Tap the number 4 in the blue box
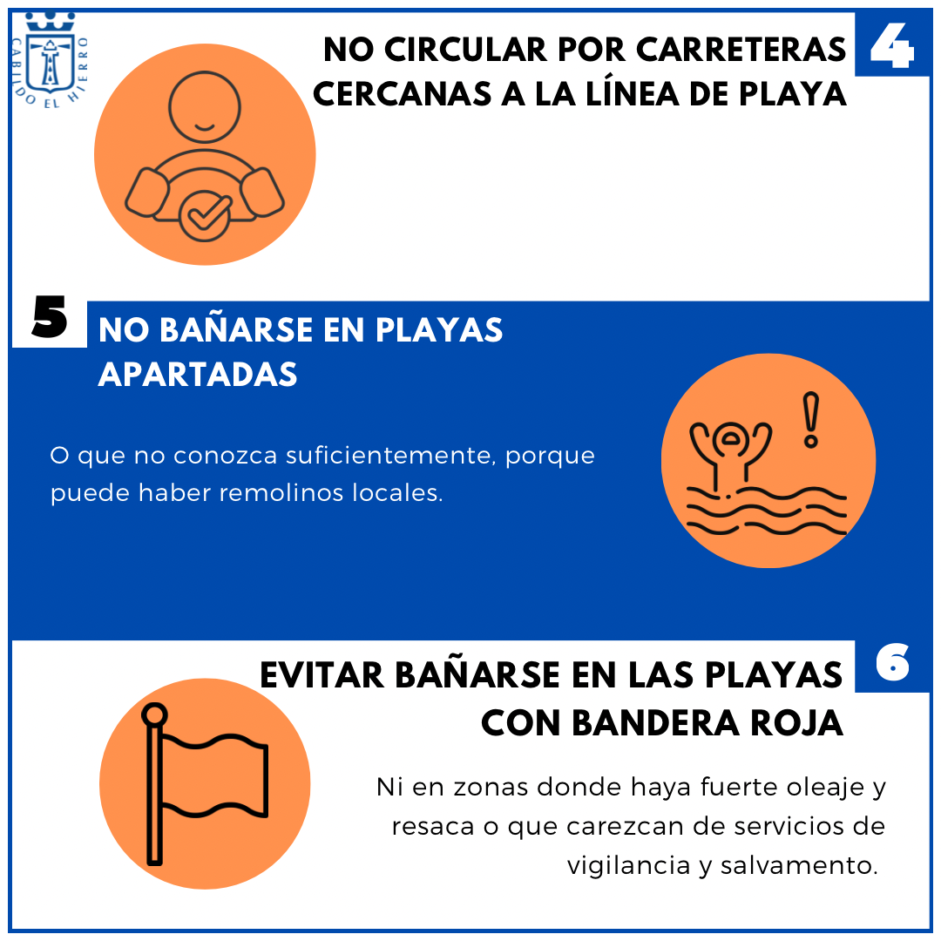point(892,46)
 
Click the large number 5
point(49,316)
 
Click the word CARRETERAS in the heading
point(741,49)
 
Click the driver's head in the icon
point(205,107)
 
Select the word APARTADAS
point(198,374)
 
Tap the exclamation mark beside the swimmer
point(811,420)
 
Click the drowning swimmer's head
point(730,440)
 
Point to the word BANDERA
point(656,722)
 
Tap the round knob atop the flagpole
point(154,714)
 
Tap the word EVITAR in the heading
point(322,675)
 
